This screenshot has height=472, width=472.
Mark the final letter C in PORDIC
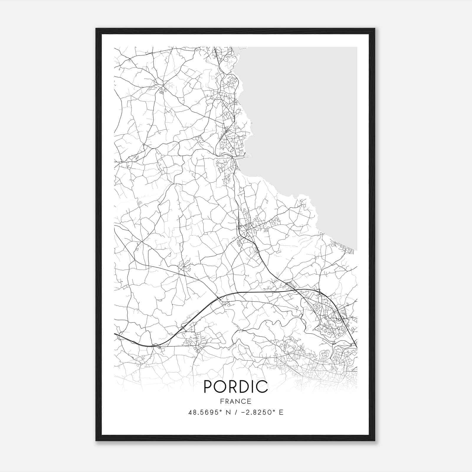coord(263,387)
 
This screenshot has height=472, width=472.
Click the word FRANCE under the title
coord(236,401)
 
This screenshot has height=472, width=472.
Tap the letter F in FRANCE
coord(222,401)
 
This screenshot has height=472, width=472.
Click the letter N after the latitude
coord(228,412)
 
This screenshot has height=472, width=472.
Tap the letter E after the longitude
coord(281,412)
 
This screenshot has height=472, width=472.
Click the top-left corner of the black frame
coord(96,29)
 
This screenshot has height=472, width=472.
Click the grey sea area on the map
coord(304,118)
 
